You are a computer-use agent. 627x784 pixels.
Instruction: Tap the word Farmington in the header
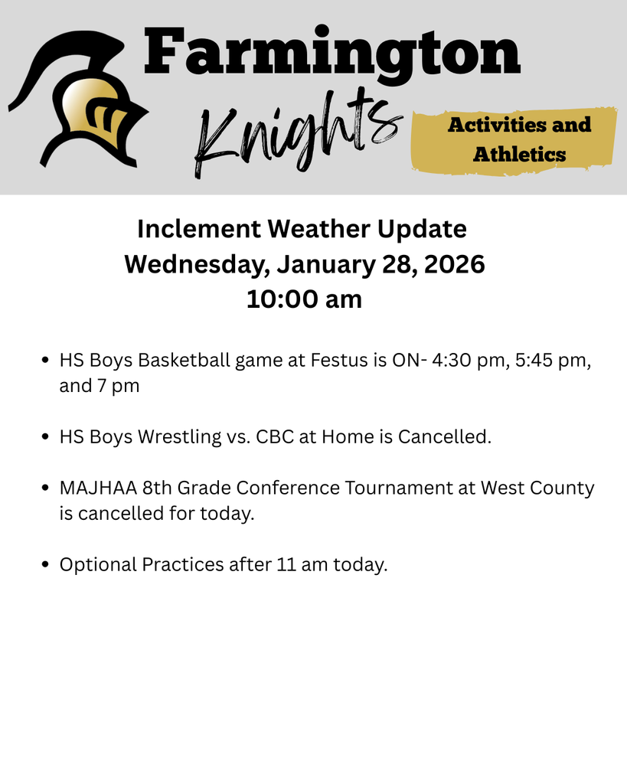tap(332, 52)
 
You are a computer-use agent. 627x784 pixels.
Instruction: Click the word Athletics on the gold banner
tap(519, 155)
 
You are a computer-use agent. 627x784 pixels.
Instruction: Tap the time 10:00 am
tap(304, 299)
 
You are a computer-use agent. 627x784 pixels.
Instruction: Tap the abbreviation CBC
tap(273, 437)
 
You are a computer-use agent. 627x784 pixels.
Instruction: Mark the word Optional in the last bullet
tap(98, 565)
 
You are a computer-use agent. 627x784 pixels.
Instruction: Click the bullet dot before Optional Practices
tap(44, 565)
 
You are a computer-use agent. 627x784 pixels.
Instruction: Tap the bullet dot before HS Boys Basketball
tap(44, 360)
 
